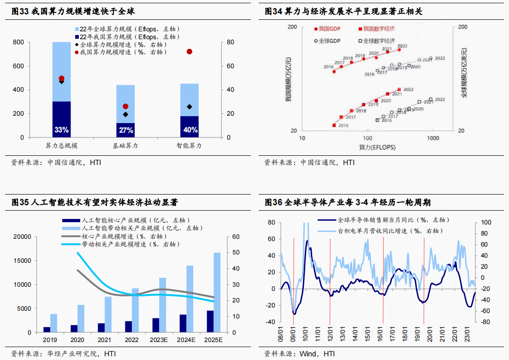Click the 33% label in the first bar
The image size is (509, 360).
click(61, 130)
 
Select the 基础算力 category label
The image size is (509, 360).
click(125, 146)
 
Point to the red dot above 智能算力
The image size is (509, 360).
click(189, 52)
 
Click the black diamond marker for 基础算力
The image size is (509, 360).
click(125, 114)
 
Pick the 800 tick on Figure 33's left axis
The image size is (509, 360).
click(18, 42)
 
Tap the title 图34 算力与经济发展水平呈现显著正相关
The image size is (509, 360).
click(343, 12)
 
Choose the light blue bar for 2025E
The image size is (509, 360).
click(217, 292)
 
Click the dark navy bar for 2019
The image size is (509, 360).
click(47, 330)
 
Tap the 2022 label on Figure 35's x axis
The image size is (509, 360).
click(132, 340)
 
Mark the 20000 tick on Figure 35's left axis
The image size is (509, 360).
click(23, 237)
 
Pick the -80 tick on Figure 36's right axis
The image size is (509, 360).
click(484, 322)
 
